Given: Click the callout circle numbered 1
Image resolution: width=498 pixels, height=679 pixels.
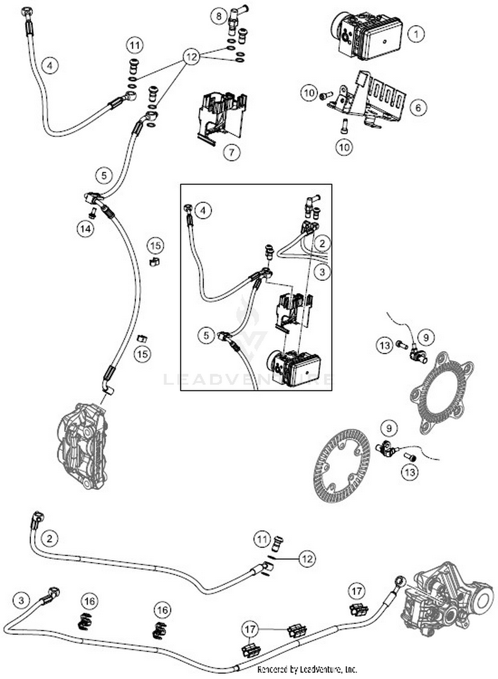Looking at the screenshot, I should click(x=416, y=34).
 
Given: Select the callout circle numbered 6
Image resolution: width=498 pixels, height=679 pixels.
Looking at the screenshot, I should click(x=418, y=107).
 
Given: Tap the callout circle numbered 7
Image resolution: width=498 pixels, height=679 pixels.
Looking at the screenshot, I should click(x=231, y=152).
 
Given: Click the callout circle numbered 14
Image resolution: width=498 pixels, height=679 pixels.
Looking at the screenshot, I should click(x=86, y=229).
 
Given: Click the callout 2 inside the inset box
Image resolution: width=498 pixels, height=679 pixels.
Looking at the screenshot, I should click(x=322, y=243).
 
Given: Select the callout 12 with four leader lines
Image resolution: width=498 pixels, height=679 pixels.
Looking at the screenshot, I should click(x=192, y=57).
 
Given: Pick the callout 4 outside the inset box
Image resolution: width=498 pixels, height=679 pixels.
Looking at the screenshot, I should click(x=50, y=65).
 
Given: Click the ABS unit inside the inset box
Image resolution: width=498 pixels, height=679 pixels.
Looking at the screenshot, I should click(x=294, y=368).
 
